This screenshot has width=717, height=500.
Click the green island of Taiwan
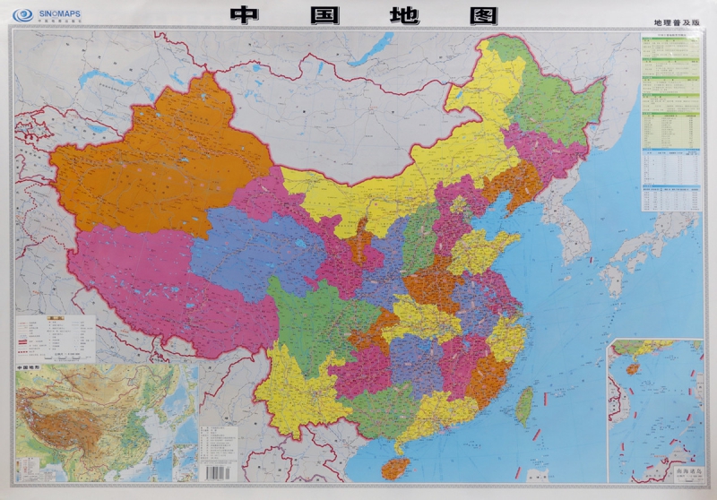[525, 406]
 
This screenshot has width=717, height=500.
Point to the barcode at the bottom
[220, 470]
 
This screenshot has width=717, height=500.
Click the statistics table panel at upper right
[670, 121]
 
